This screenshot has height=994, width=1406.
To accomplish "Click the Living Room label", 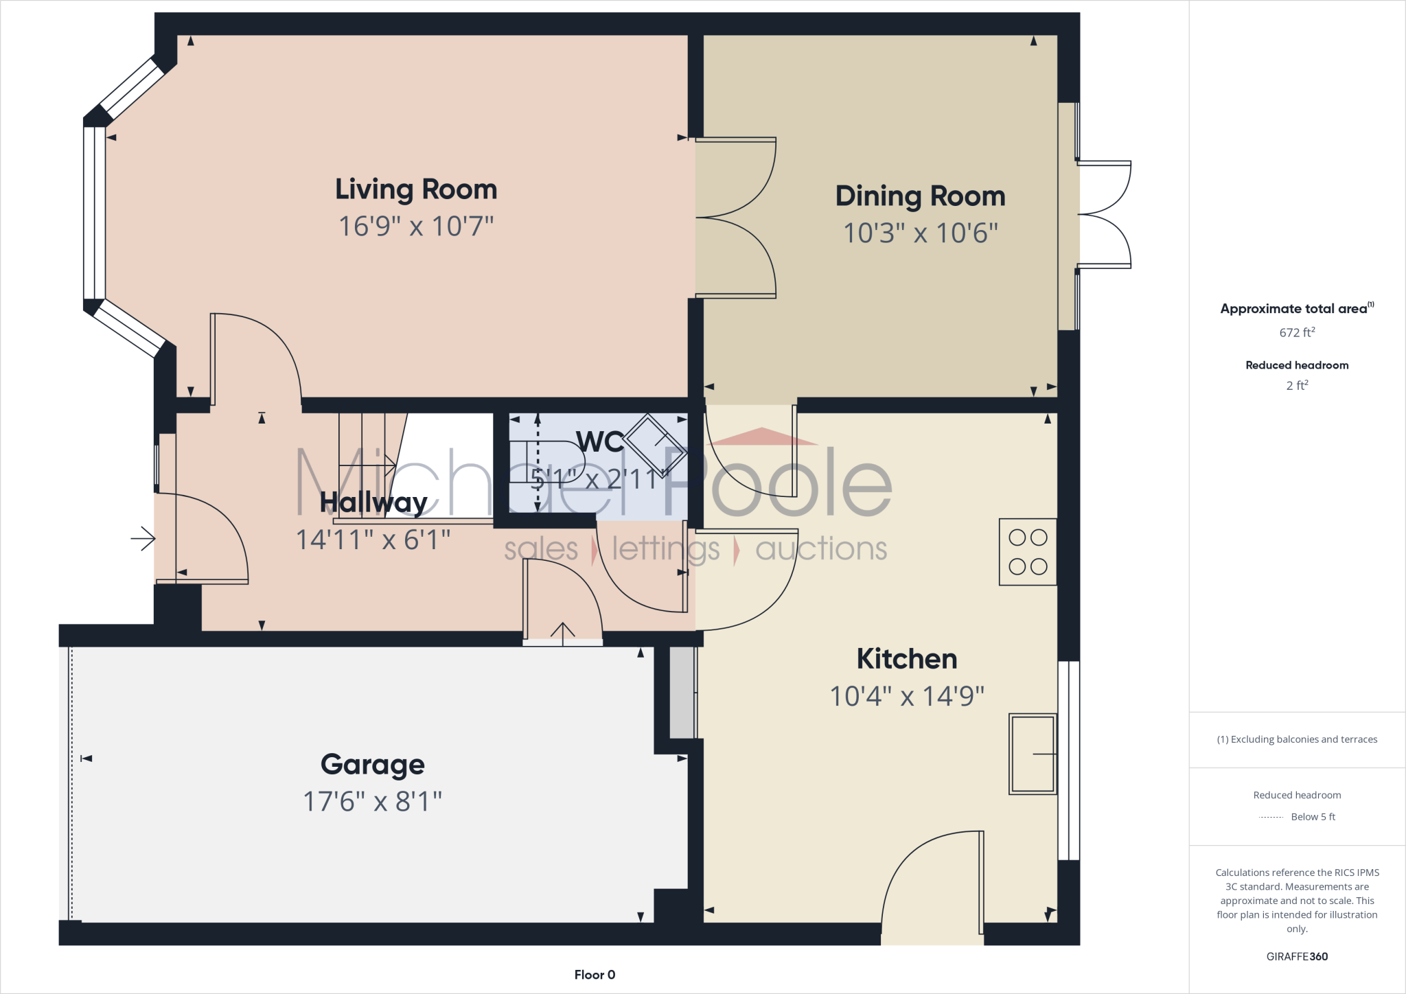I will click(x=416, y=189).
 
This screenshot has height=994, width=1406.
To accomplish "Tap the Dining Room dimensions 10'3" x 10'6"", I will click(x=920, y=233).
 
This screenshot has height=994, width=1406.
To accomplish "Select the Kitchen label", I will click(x=906, y=659).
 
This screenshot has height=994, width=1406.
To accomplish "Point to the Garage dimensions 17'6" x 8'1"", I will click(x=373, y=801).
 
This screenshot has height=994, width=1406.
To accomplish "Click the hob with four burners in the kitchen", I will click(x=1027, y=552).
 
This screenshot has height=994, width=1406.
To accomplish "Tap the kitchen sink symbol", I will click(x=1032, y=754).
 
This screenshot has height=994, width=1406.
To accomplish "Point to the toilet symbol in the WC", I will click(x=549, y=462).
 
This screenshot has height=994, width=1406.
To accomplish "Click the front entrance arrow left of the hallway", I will click(x=143, y=539).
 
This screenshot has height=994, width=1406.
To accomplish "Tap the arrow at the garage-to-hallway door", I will click(x=563, y=633).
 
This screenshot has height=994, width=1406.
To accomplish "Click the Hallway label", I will click(x=373, y=502).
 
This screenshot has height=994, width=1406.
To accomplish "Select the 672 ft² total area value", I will click(x=1297, y=333).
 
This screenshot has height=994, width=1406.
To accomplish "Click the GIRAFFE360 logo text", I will click(x=1297, y=956).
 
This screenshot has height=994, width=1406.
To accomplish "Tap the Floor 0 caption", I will click(x=595, y=975).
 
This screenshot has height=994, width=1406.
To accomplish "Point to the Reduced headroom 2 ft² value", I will click(x=1297, y=386).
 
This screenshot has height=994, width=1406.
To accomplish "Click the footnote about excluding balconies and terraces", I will click(x=1297, y=739).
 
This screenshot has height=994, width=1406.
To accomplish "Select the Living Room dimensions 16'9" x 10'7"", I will click(x=416, y=227).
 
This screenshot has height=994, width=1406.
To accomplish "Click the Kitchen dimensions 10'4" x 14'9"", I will click(x=906, y=696).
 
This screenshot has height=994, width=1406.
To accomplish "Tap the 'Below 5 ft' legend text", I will click(x=1313, y=817).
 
